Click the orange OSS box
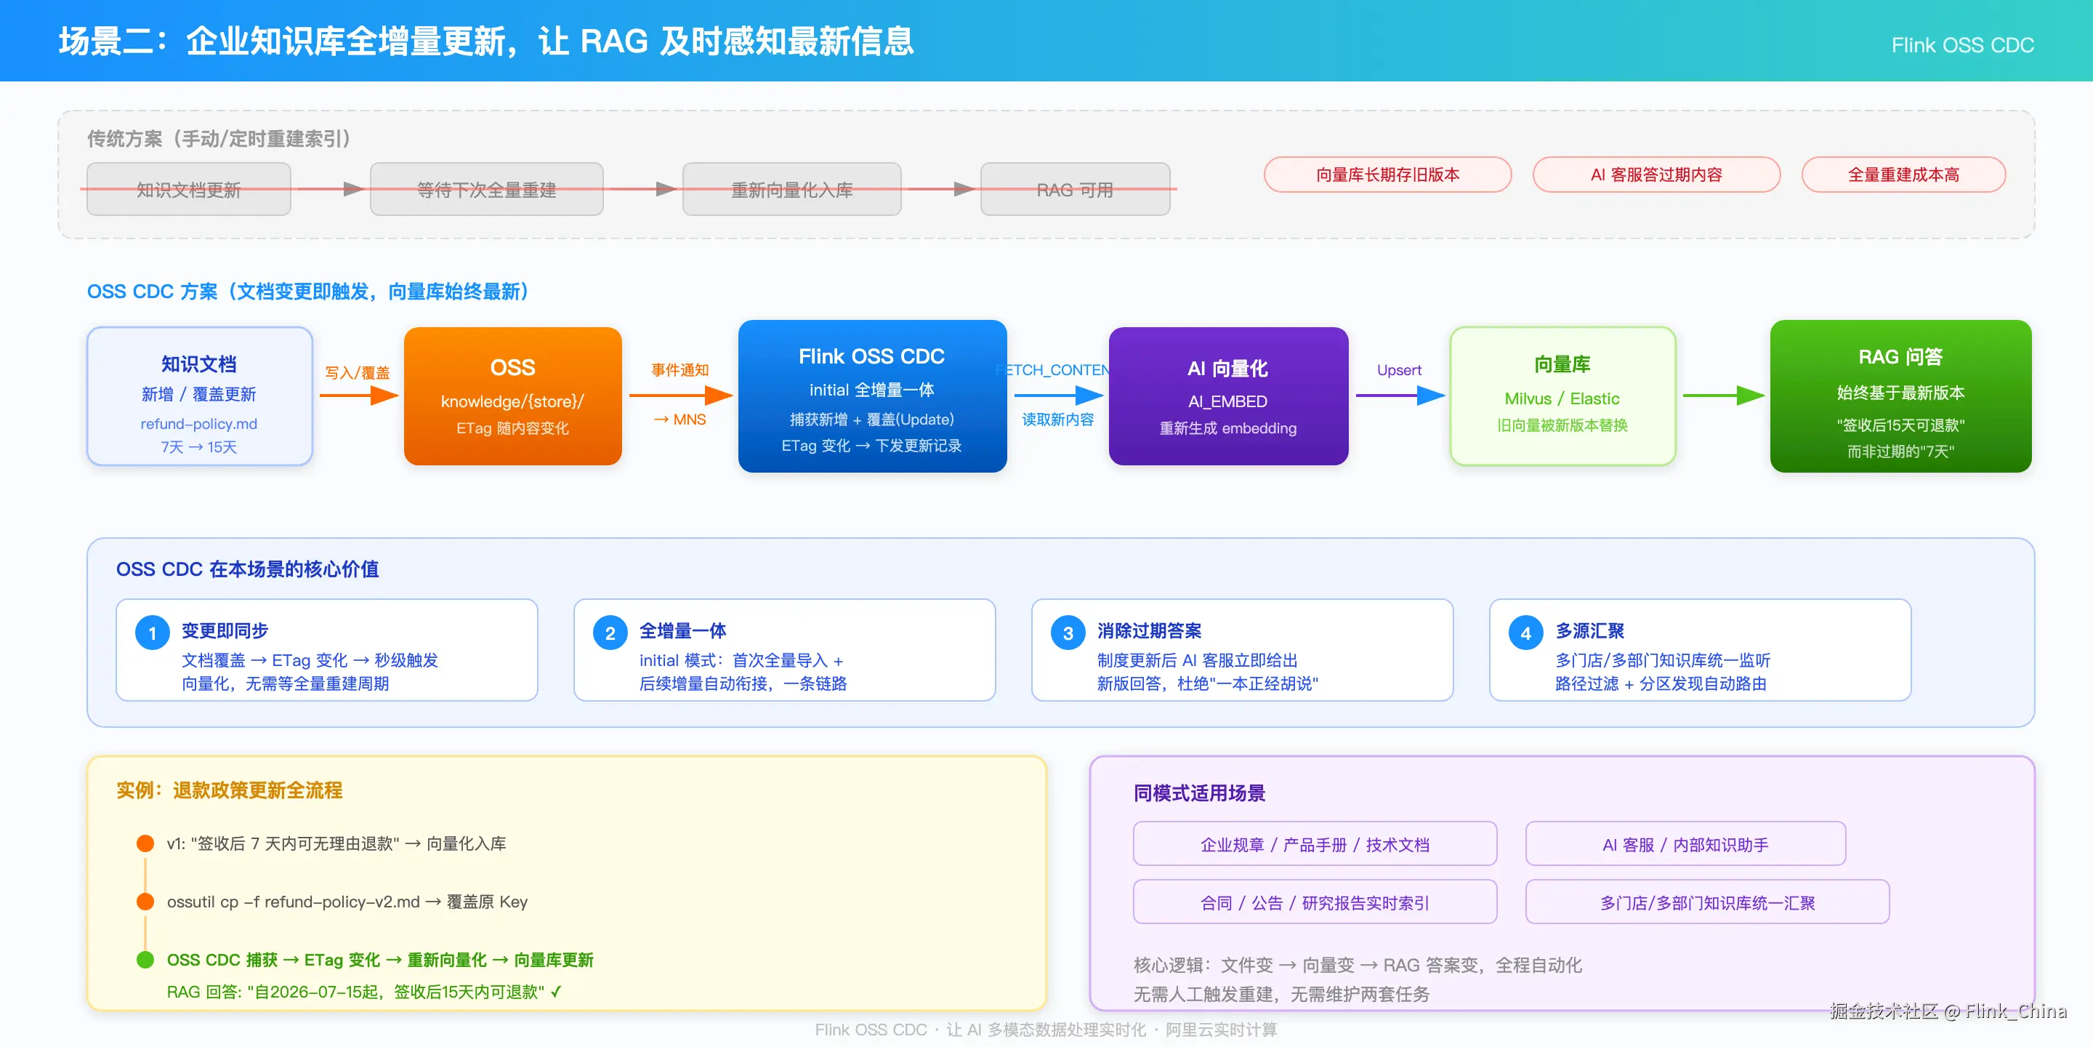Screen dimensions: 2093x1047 (x=512, y=396)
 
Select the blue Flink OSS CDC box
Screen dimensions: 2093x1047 (x=872, y=396)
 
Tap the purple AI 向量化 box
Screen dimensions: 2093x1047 (x=1227, y=396)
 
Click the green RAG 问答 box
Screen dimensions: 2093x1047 (x=1900, y=396)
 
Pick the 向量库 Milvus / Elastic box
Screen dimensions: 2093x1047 (x=1562, y=396)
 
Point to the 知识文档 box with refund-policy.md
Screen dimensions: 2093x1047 (x=199, y=396)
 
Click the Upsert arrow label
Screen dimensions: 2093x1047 (x=1399, y=370)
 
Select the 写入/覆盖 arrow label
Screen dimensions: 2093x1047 (x=357, y=372)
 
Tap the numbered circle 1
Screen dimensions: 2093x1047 (x=152, y=633)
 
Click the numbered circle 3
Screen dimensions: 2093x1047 (x=1068, y=633)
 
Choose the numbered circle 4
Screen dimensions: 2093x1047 (x=1525, y=633)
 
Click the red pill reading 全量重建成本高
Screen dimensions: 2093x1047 (x=1903, y=174)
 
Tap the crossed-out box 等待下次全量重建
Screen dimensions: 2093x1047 (x=487, y=189)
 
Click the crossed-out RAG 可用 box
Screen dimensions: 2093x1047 (x=1075, y=189)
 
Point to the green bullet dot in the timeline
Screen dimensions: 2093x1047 (x=145, y=959)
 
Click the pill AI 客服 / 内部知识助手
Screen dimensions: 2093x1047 (x=1685, y=843)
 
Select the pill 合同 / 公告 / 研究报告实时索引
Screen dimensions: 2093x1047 (x=1315, y=902)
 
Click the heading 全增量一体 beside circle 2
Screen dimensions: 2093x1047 (x=682, y=630)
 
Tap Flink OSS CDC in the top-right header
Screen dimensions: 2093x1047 (x=1962, y=44)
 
